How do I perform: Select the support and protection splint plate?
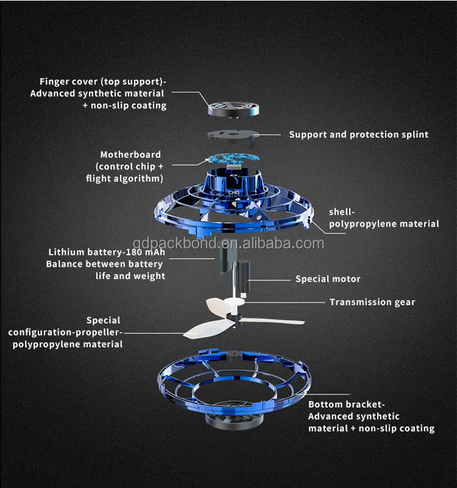pyautogui.click(x=233, y=136)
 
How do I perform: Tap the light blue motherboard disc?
pyautogui.click(x=233, y=158)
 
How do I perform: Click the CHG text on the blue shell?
pyautogui.click(x=234, y=193)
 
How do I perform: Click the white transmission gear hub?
pyautogui.click(x=235, y=302)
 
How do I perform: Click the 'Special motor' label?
pyautogui.click(x=328, y=279)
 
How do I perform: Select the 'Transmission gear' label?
pyautogui.click(x=372, y=302)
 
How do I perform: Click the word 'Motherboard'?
pyautogui.click(x=130, y=154)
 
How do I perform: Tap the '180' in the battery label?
pyautogui.click(x=135, y=252)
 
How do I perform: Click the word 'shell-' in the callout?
pyautogui.click(x=342, y=212)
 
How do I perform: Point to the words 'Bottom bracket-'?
pyautogui.click(x=347, y=405)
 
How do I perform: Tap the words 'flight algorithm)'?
pyautogui.click(x=124, y=179)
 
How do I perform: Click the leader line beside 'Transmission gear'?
pyautogui.click(x=285, y=302)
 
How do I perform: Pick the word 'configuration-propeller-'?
pyautogui.click(x=65, y=333)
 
